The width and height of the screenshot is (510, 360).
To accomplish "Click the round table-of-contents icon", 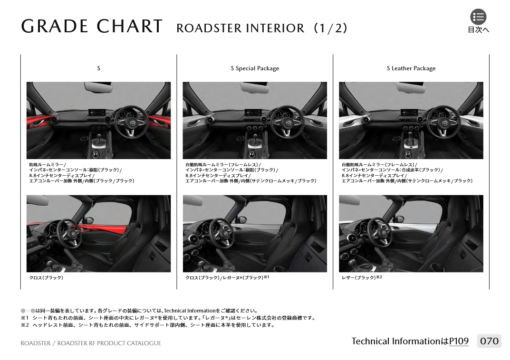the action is (x=478, y=17).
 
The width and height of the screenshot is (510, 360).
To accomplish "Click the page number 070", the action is (x=489, y=341).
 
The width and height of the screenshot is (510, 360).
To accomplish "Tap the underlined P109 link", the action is (x=459, y=341).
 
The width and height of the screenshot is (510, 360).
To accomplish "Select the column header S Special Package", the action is (x=255, y=68).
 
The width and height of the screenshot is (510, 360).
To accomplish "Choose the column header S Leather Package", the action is (x=411, y=68).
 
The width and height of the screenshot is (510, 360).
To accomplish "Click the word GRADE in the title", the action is (x=55, y=26).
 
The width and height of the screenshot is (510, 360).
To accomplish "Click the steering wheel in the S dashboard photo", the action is (x=130, y=122).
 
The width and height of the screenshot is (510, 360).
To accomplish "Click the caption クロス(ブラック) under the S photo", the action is (x=46, y=278).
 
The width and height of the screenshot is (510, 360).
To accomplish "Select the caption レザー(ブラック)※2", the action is (x=362, y=277).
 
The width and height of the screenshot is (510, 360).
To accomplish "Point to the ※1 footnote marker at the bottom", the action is (x=25, y=318).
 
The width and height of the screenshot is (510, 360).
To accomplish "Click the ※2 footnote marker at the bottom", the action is (x=25, y=325).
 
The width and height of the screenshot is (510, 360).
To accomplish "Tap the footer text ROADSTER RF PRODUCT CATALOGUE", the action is (x=109, y=343).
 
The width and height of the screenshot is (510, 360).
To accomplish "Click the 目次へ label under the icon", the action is (x=478, y=29).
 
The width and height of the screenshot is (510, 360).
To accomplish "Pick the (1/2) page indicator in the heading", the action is (x=331, y=28).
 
